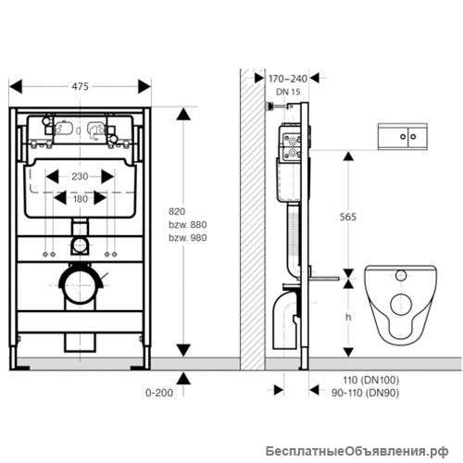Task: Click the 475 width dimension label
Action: tap(81, 86)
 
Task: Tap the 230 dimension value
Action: tap(80, 177)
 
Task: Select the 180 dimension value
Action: tap(81, 199)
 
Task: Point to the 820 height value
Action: tap(177, 211)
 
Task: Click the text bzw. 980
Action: tap(188, 238)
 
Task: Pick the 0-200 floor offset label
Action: tap(159, 393)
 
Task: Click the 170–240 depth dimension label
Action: tap(288, 79)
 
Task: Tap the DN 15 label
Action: tap(288, 92)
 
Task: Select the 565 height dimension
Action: tap(348, 217)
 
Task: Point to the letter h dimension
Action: tap(348, 317)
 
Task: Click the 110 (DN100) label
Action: tap(371, 380)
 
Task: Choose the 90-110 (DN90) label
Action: tap(365, 393)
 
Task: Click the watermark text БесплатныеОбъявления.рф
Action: tap(357, 452)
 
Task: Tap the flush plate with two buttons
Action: tap(403, 136)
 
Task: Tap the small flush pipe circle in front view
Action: tap(80, 245)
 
